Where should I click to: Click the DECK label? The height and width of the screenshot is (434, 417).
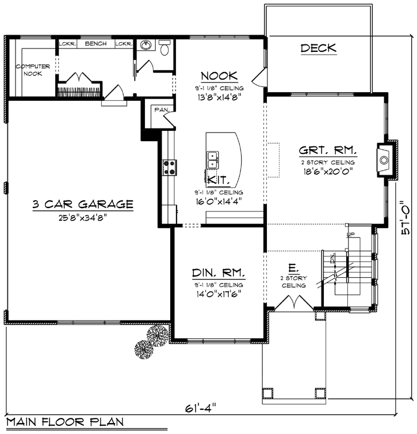tap(318, 48)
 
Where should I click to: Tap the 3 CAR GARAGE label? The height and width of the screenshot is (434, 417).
tap(83, 204)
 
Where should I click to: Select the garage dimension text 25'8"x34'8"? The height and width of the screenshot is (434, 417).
tap(82, 217)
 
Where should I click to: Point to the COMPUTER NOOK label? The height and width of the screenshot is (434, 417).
tap(33, 70)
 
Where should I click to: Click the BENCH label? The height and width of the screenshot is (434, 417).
tap(95, 44)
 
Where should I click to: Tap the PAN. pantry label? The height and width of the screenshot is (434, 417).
tap(158, 110)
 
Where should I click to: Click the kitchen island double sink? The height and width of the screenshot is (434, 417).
tap(212, 156)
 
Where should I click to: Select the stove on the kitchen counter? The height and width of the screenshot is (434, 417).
tap(170, 167)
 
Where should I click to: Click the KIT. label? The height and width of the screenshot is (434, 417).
tap(216, 180)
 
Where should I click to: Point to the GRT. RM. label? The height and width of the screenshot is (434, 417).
tap(327, 151)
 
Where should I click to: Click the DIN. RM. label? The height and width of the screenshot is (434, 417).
tap(218, 272)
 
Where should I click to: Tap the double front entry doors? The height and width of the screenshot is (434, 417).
tap(294, 303)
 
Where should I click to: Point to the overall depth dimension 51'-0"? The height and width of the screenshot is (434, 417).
tap(405, 224)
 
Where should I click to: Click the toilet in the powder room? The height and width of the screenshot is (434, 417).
tap(165, 49)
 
